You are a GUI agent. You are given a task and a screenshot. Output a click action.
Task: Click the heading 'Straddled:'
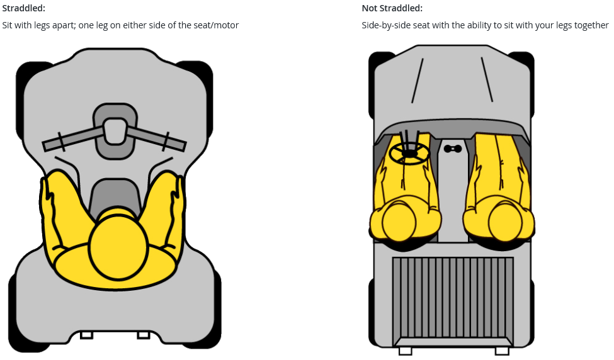click(x=23, y=8)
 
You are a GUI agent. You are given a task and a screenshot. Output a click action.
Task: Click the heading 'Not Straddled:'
click(x=392, y=8)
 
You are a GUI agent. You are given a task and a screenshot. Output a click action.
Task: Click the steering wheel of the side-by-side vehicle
click(x=409, y=152)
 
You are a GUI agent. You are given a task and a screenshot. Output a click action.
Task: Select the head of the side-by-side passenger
click(x=506, y=222)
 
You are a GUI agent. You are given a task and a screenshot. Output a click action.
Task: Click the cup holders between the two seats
click(x=453, y=149)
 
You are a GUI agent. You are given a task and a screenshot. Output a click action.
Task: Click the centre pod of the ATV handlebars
click(x=115, y=131)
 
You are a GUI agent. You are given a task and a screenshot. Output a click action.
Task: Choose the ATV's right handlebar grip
click(x=175, y=143)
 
